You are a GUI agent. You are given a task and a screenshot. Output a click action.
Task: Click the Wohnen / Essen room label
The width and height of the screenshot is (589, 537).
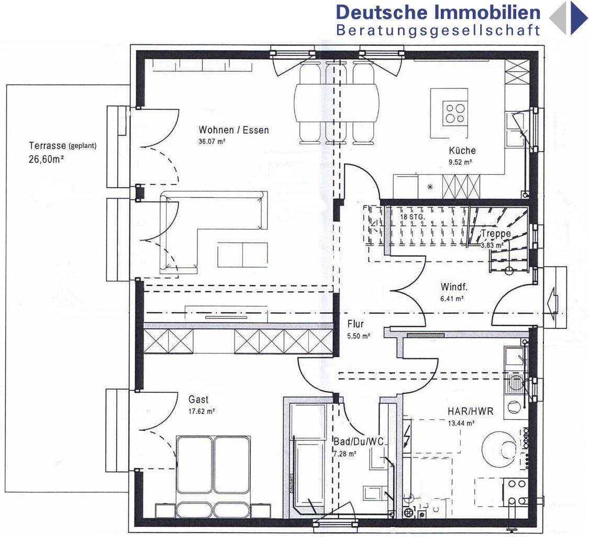(x=234, y=130)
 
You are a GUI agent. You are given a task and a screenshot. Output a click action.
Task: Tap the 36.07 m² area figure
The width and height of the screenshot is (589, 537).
(x=212, y=141)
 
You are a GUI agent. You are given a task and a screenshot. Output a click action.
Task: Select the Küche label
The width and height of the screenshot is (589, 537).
(x=462, y=151)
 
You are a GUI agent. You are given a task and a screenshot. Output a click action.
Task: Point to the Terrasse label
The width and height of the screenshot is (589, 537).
(x=48, y=146)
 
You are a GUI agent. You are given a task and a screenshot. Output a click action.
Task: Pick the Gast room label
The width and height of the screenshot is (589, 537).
(x=198, y=400)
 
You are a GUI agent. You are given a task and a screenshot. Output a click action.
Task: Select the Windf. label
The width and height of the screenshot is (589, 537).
(x=453, y=287)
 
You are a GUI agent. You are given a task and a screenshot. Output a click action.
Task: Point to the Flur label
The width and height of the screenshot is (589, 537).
(x=355, y=324)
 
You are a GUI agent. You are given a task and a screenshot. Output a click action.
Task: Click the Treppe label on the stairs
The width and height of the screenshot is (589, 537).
(x=496, y=234)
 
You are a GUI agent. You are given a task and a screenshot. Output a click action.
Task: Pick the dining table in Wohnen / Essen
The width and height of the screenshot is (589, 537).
(x=337, y=103)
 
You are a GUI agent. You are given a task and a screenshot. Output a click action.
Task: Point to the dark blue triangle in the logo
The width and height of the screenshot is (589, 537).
(x=579, y=18)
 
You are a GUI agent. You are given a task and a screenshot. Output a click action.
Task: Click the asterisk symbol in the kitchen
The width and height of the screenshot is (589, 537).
(x=430, y=186)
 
